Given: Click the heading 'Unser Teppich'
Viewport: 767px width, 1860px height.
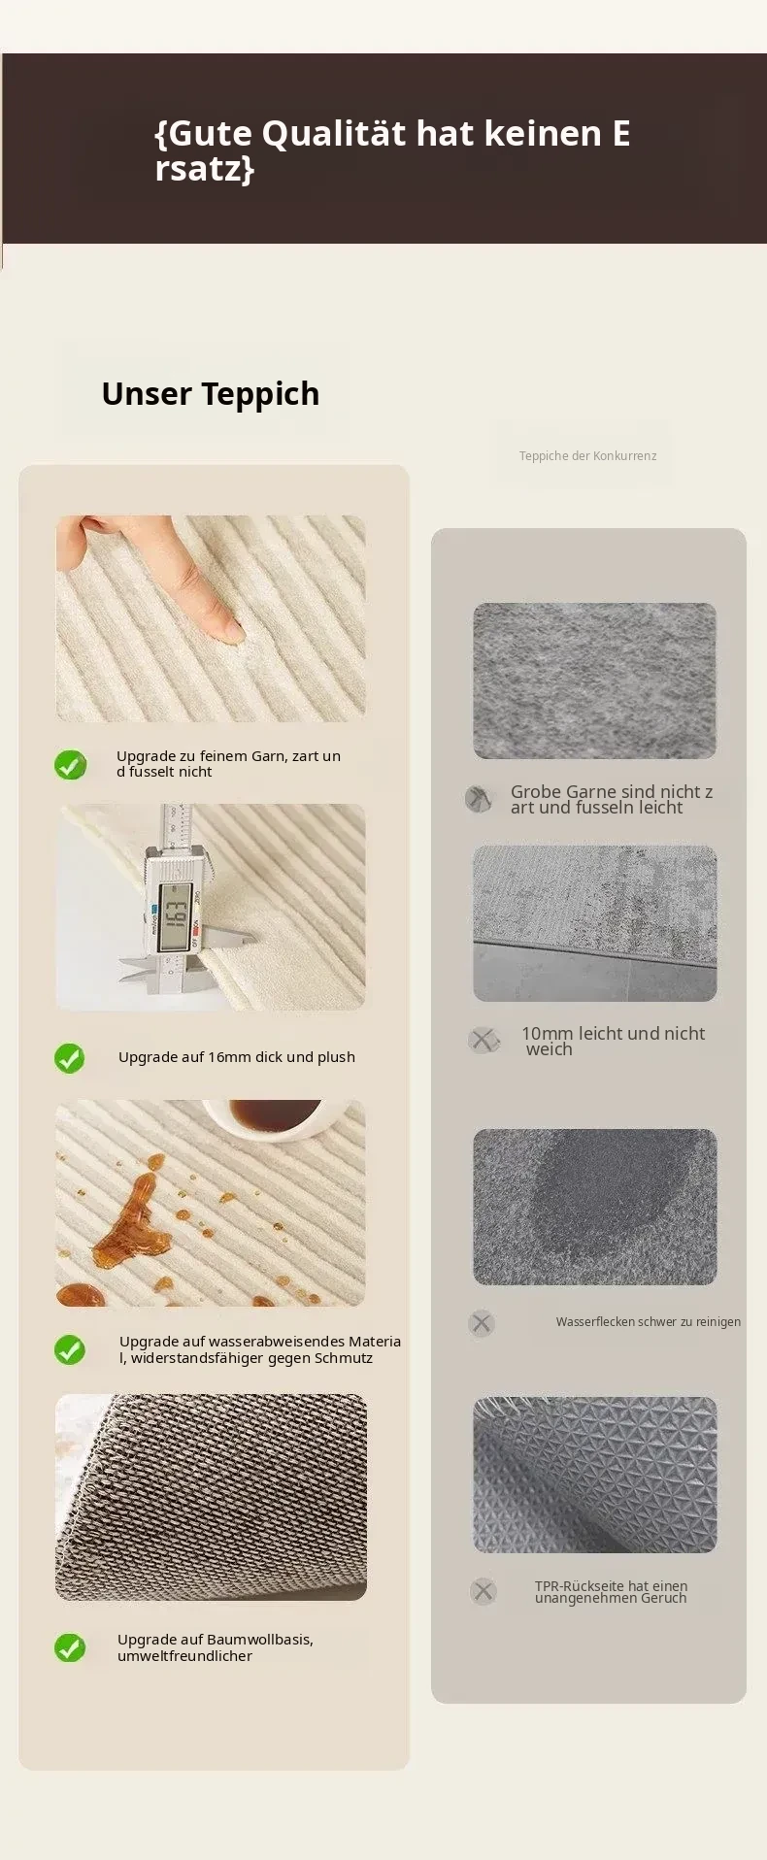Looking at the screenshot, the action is [211, 394].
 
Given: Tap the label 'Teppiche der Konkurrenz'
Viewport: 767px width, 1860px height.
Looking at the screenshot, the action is [587, 456].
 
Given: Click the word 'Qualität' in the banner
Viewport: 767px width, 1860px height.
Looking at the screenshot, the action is [333, 133].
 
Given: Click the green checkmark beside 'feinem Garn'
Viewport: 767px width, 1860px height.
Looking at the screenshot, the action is [70, 765].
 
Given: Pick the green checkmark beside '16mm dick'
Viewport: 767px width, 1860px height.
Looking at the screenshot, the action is [70, 1058].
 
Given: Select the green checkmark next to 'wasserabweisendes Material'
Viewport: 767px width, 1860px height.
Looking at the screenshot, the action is [70, 1349].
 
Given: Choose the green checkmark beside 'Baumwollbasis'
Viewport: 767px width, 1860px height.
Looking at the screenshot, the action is [70, 1647].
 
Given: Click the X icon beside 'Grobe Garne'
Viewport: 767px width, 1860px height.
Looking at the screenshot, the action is [478, 799].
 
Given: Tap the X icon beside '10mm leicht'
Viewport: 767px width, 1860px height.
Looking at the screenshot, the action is [483, 1041].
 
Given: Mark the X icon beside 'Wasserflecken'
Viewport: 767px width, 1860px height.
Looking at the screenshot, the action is [482, 1323].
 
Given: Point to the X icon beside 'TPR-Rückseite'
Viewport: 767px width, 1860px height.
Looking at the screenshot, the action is [483, 1591].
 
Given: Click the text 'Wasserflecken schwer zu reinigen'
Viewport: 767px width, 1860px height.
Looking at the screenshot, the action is [649, 1322].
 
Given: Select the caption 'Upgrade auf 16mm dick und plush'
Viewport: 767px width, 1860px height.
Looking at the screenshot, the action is [237, 1057].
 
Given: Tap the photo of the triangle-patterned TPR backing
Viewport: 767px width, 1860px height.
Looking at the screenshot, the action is [595, 1475].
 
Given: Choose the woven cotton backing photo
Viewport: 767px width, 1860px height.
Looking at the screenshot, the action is [211, 1497].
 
